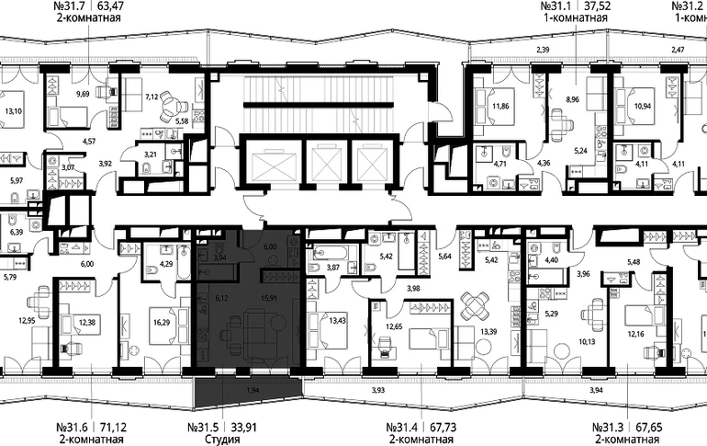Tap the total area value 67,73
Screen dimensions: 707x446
point(438,427)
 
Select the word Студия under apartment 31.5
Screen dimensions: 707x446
point(222,439)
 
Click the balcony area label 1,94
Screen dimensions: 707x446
point(253,390)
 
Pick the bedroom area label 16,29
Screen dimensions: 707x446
point(162,322)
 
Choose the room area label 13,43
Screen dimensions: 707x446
point(338,321)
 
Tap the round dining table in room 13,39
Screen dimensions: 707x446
point(477,304)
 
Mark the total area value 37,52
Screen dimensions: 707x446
point(595,6)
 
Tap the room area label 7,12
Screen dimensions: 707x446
point(151,97)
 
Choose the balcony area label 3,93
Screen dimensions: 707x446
point(378,390)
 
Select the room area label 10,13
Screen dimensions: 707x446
point(587,342)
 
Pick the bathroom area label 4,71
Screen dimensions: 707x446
point(500,164)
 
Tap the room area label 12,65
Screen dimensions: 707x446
point(394,326)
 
